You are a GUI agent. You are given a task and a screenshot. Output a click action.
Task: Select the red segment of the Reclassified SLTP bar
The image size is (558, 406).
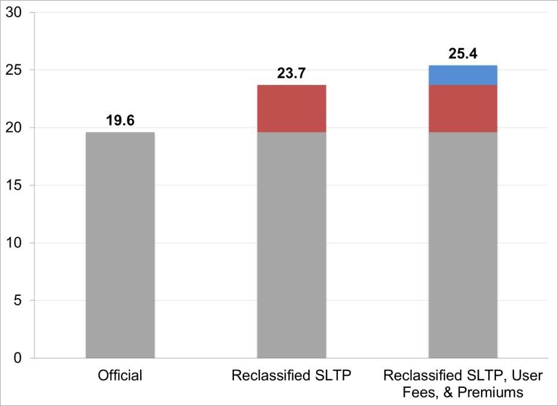coord(292,108)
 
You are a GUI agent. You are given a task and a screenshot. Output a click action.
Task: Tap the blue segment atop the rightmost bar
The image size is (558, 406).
coord(463,75)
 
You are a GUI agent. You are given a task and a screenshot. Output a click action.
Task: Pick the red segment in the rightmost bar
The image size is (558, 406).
coord(463,108)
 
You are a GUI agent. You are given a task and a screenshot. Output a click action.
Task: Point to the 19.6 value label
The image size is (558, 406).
coord(120,120)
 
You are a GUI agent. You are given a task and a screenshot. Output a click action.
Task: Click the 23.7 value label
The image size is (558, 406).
coord(292,73)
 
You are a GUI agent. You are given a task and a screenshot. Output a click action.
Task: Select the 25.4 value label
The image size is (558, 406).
coord(463,53)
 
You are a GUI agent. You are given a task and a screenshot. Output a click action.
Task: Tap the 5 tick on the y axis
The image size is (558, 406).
coord(18,301)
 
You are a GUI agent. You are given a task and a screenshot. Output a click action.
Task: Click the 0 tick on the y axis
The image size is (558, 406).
coord(18,358)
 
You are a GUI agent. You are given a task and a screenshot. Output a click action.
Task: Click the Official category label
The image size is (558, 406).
coord(120,376)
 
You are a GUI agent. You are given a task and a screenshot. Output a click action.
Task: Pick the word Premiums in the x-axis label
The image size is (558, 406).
coord(497,392)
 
